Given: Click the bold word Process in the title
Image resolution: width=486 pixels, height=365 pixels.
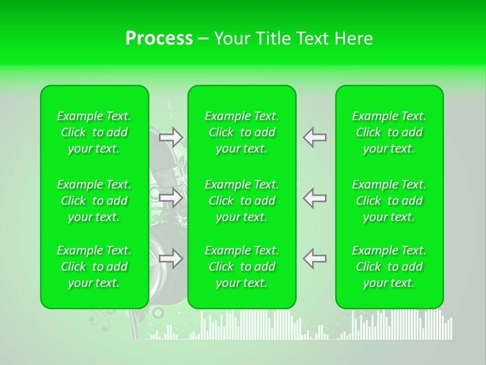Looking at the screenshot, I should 159,39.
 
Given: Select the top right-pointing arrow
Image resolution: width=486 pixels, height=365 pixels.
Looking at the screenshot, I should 171,137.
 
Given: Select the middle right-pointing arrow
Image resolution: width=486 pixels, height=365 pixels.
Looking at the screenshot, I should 171,198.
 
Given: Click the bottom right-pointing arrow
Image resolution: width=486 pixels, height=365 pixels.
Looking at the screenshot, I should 171,259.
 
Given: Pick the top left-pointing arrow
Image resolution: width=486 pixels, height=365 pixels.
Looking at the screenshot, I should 315,137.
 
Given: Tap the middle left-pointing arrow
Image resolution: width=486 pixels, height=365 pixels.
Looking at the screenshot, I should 315,198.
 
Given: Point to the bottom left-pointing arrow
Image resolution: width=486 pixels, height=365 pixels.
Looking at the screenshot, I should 315,259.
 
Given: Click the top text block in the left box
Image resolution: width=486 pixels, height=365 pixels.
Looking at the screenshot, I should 94,132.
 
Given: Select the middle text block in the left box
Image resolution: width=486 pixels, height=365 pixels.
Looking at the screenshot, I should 94,201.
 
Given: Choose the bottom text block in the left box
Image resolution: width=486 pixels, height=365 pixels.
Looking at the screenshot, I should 94,267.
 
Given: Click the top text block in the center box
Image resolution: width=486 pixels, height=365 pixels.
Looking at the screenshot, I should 242,132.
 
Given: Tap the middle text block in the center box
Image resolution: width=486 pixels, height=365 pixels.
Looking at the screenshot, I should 242,201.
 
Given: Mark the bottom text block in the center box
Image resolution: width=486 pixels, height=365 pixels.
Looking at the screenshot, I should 242,267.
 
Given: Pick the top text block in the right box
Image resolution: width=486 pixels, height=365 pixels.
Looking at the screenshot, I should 389,132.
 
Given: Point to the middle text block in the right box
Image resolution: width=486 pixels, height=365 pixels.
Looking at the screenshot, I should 389,201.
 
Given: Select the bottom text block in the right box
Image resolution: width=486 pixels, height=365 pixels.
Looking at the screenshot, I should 389,267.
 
